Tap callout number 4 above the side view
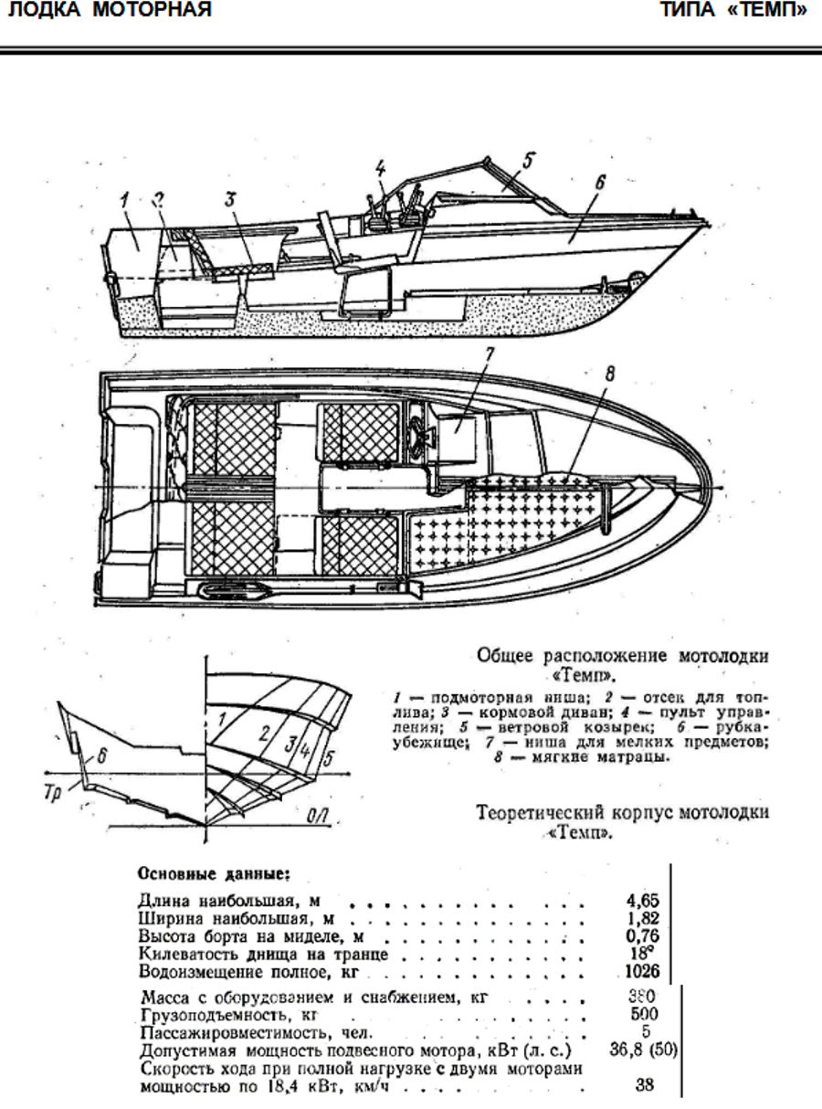(379, 169)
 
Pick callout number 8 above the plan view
(610, 373)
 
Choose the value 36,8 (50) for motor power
(643, 1050)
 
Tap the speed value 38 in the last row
(646, 1087)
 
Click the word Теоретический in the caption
(543, 813)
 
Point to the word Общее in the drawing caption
(507, 656)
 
